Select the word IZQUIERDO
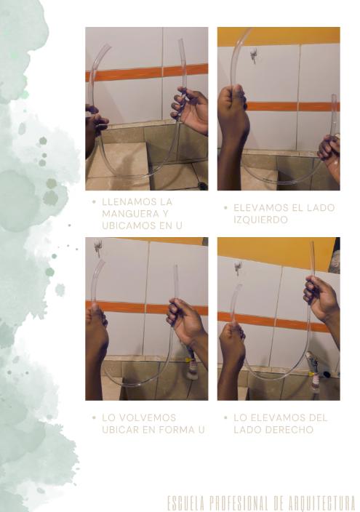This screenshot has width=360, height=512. click(260, 220)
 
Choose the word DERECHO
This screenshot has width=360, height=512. click(289, 430)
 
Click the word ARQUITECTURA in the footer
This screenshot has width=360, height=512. click(322, 503)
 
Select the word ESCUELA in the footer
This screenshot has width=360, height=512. click(186, 503)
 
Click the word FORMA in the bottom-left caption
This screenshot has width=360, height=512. click(180, 430)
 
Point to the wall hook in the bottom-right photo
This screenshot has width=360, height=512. click(238, 268)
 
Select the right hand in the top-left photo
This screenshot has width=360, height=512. click(190, 109)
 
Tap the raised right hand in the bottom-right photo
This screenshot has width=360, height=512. click(321, 298)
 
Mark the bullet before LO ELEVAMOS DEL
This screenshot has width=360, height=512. click(225, 417)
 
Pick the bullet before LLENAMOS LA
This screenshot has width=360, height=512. click(94, 201)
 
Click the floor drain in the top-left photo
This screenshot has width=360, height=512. click(202, 185)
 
